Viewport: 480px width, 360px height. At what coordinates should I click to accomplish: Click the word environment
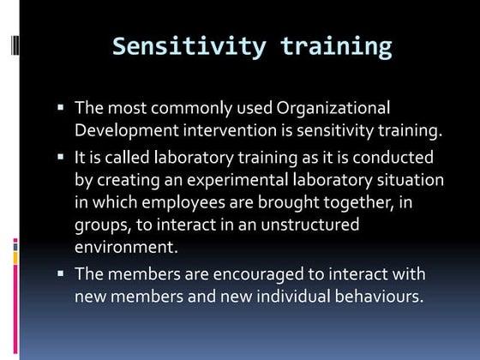coord(123,248)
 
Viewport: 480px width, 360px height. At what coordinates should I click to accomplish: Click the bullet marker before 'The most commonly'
coord(61,108)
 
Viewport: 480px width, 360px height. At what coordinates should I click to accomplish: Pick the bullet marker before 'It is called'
coord(61,158)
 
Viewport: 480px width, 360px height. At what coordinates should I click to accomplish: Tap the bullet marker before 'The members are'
coord(61,274)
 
